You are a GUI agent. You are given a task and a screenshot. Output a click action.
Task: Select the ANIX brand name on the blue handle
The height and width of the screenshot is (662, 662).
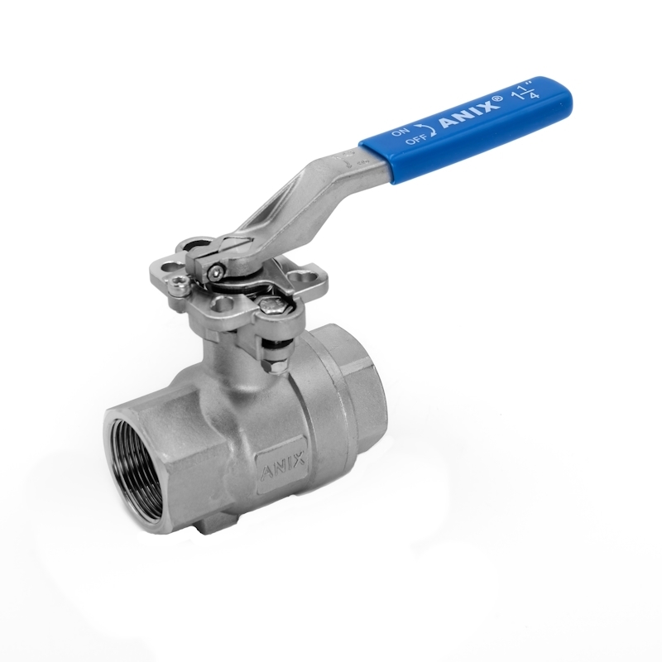[469, 114]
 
